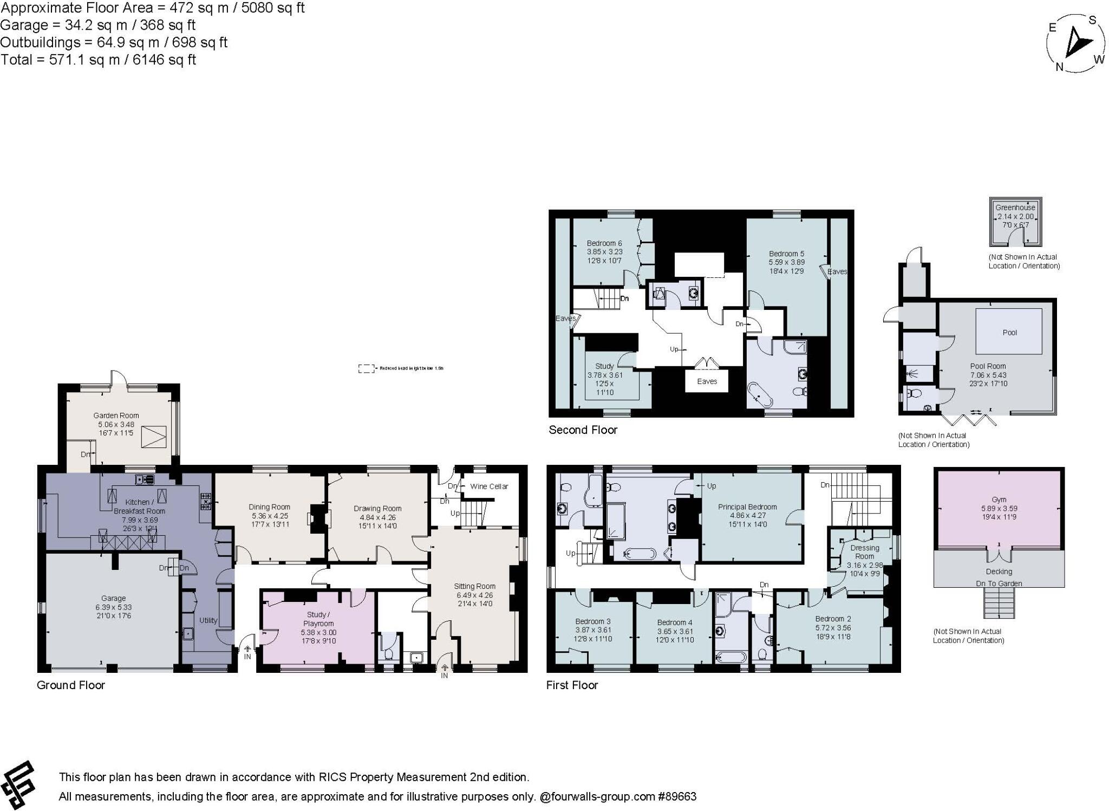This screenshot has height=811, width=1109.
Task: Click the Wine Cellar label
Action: coord(488,486)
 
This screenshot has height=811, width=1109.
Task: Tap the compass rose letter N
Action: coord(1059,67)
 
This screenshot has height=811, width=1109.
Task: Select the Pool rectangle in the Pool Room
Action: coord(1009,331)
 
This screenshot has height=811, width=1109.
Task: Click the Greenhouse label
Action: coord(1015,207)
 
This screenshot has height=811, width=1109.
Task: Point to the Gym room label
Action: coord(999,499)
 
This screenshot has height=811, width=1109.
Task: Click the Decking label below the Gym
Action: coord(999,572)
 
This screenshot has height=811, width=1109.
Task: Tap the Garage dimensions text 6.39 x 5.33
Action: coord(113,607)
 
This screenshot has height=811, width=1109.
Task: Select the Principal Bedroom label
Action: coord(747,507)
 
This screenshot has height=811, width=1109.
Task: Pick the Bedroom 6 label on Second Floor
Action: coord(604,243)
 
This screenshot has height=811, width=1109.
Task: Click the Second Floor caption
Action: coord(583,430)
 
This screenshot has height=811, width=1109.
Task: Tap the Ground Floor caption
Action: coord(70,685)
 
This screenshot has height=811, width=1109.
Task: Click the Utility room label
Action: coord(208,620)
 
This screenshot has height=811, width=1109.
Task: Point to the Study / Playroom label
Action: coord(318,619)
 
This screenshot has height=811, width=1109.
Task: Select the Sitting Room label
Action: coord(474,586)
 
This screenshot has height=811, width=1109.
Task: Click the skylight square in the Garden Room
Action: coord(153,437)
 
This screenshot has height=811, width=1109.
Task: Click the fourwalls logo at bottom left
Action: coord(18,786)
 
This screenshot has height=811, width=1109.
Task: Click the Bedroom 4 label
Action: coord(674,622)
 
